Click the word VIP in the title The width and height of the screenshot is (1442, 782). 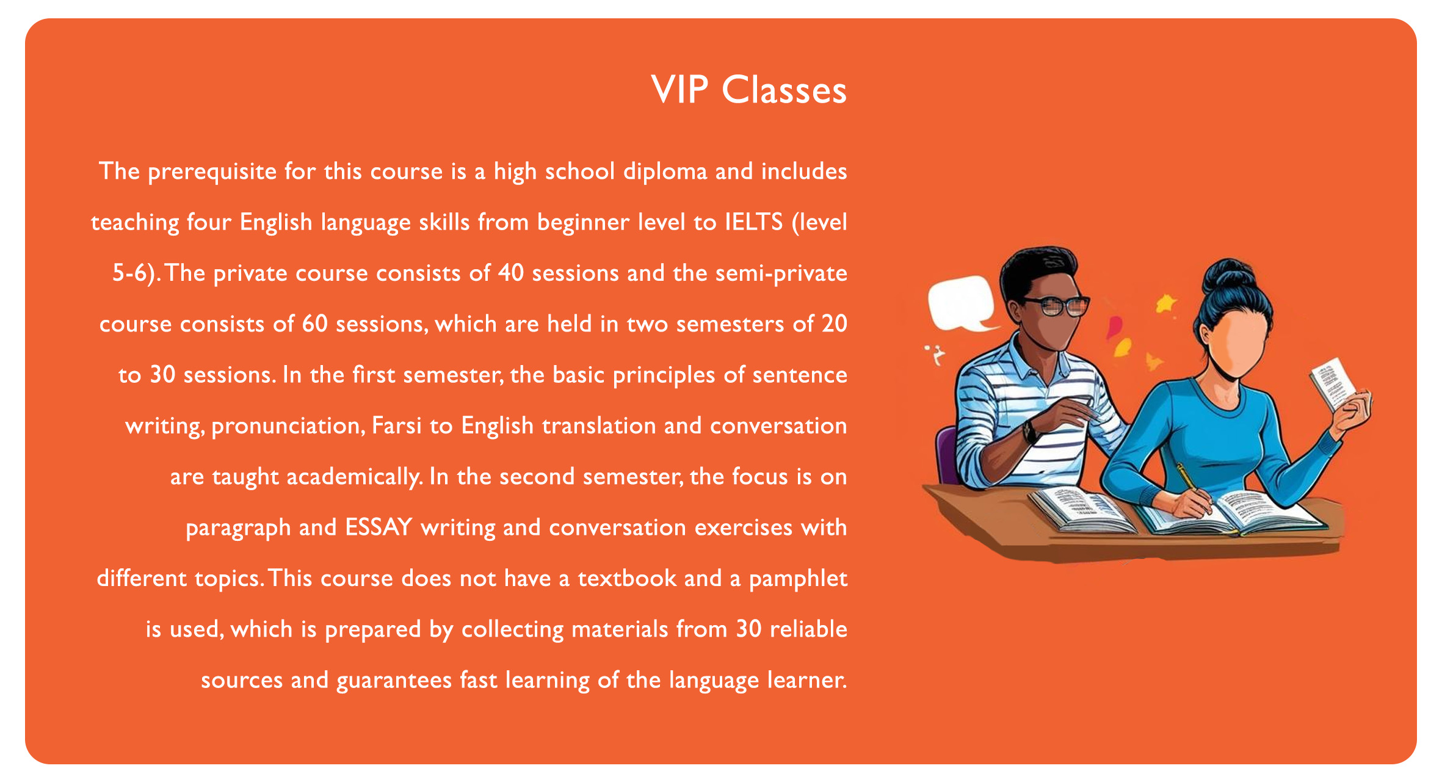point(679,90)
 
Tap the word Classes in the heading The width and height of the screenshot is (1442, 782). point(784,90)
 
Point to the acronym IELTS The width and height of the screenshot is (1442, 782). point(753,222)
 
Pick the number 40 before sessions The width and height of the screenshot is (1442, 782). point(510,273)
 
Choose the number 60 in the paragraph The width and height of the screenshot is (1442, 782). point(315,324)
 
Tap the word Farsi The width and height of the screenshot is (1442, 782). point(396,425)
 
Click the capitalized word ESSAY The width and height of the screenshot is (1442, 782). point(379,527)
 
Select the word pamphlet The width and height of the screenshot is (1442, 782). point(798,579)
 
